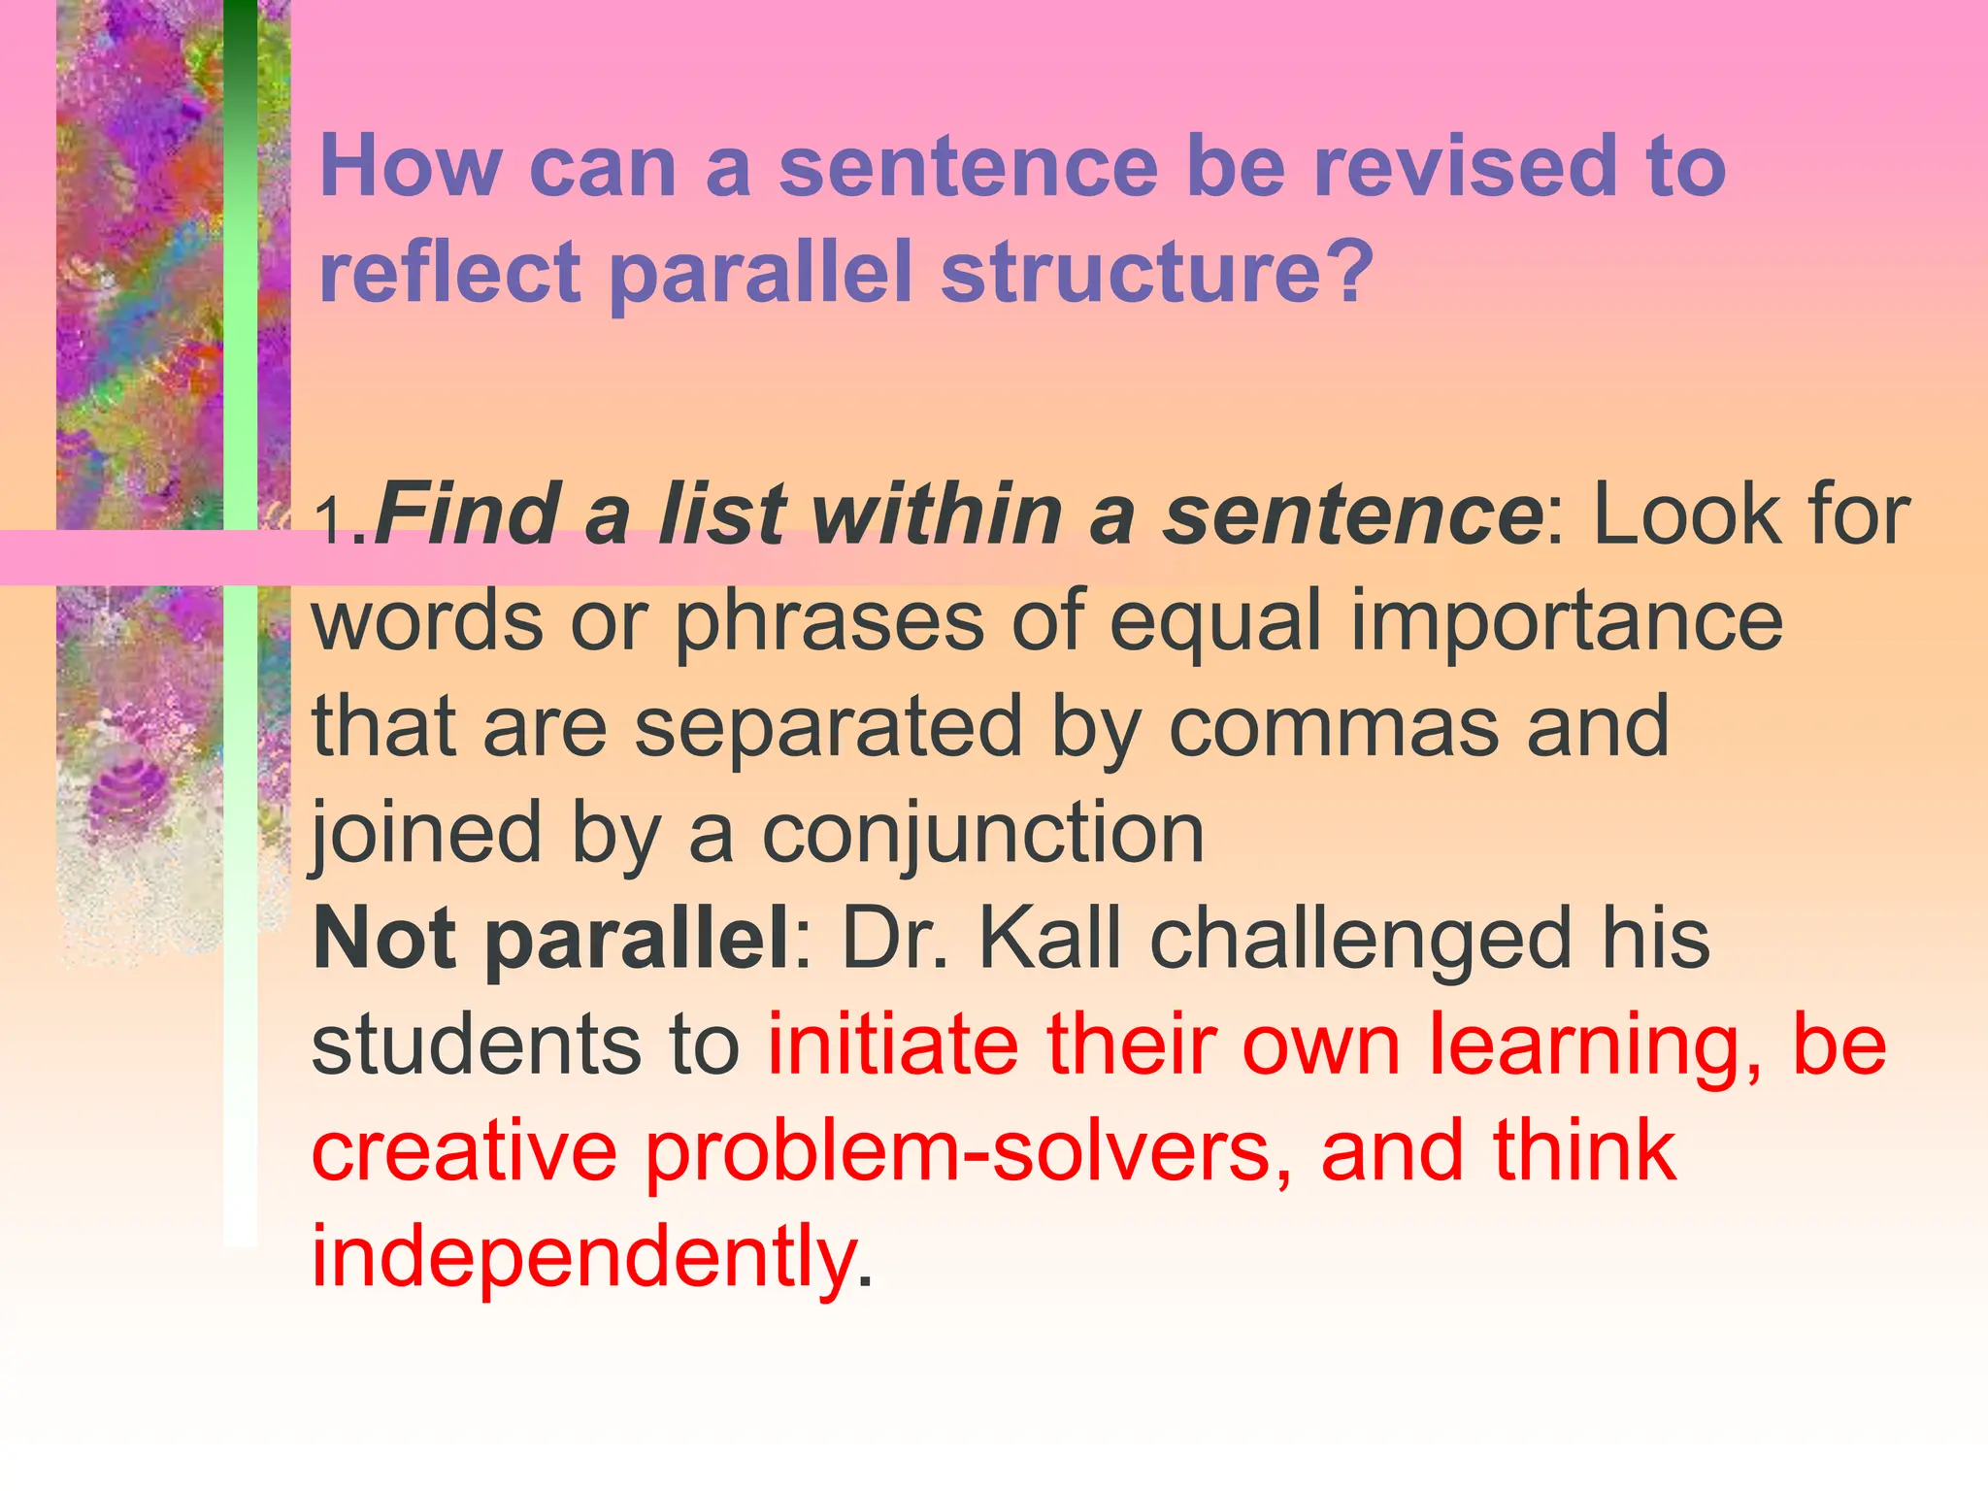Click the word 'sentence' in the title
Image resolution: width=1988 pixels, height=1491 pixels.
click(968, 166)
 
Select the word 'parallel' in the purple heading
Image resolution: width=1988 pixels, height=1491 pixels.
click(761, 274)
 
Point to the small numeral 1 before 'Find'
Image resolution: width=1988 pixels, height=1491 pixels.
click(331, 522)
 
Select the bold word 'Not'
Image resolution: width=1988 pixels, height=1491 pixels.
click(384, 939)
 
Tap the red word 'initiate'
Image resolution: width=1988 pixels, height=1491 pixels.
click(893, 1045)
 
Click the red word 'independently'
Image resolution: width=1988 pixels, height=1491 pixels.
click(582, 1257)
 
